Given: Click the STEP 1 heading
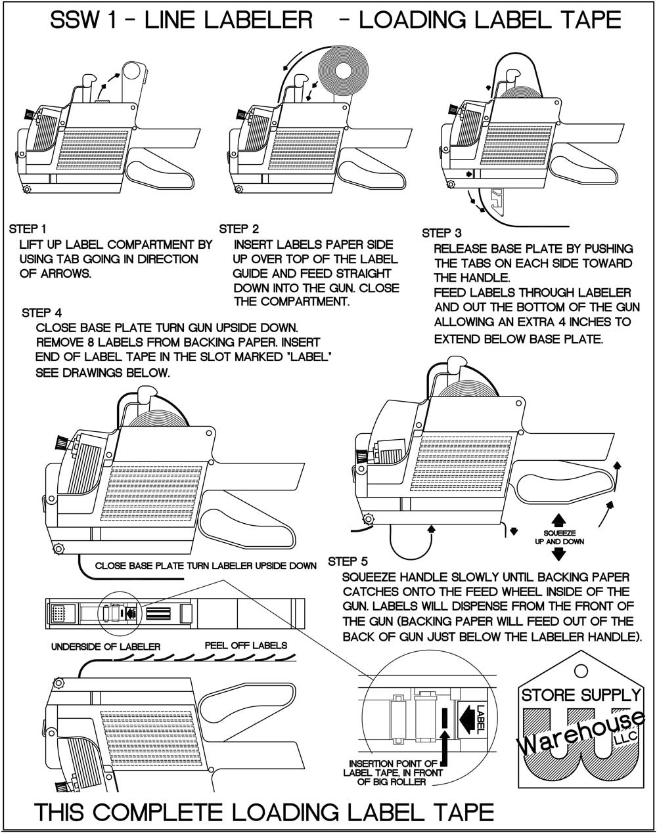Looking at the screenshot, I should pos(28,229).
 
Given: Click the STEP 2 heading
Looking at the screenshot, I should pos(239,229).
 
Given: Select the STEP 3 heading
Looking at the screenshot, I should pos(442,233).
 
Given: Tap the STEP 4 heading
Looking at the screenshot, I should pos(41,312).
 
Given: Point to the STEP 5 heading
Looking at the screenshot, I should pos(348,561).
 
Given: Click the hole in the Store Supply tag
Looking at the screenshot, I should pos(580,670).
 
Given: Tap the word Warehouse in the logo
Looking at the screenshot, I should pos(572,735).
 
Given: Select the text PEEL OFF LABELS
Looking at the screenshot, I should pos(246,645).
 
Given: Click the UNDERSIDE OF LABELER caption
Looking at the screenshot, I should pos(106,647).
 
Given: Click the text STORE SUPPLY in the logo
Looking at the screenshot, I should pos(581,694).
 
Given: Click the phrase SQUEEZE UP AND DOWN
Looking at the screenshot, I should pos(558,537).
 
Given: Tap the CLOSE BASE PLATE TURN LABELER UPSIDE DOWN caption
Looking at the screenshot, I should pos(206,565).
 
